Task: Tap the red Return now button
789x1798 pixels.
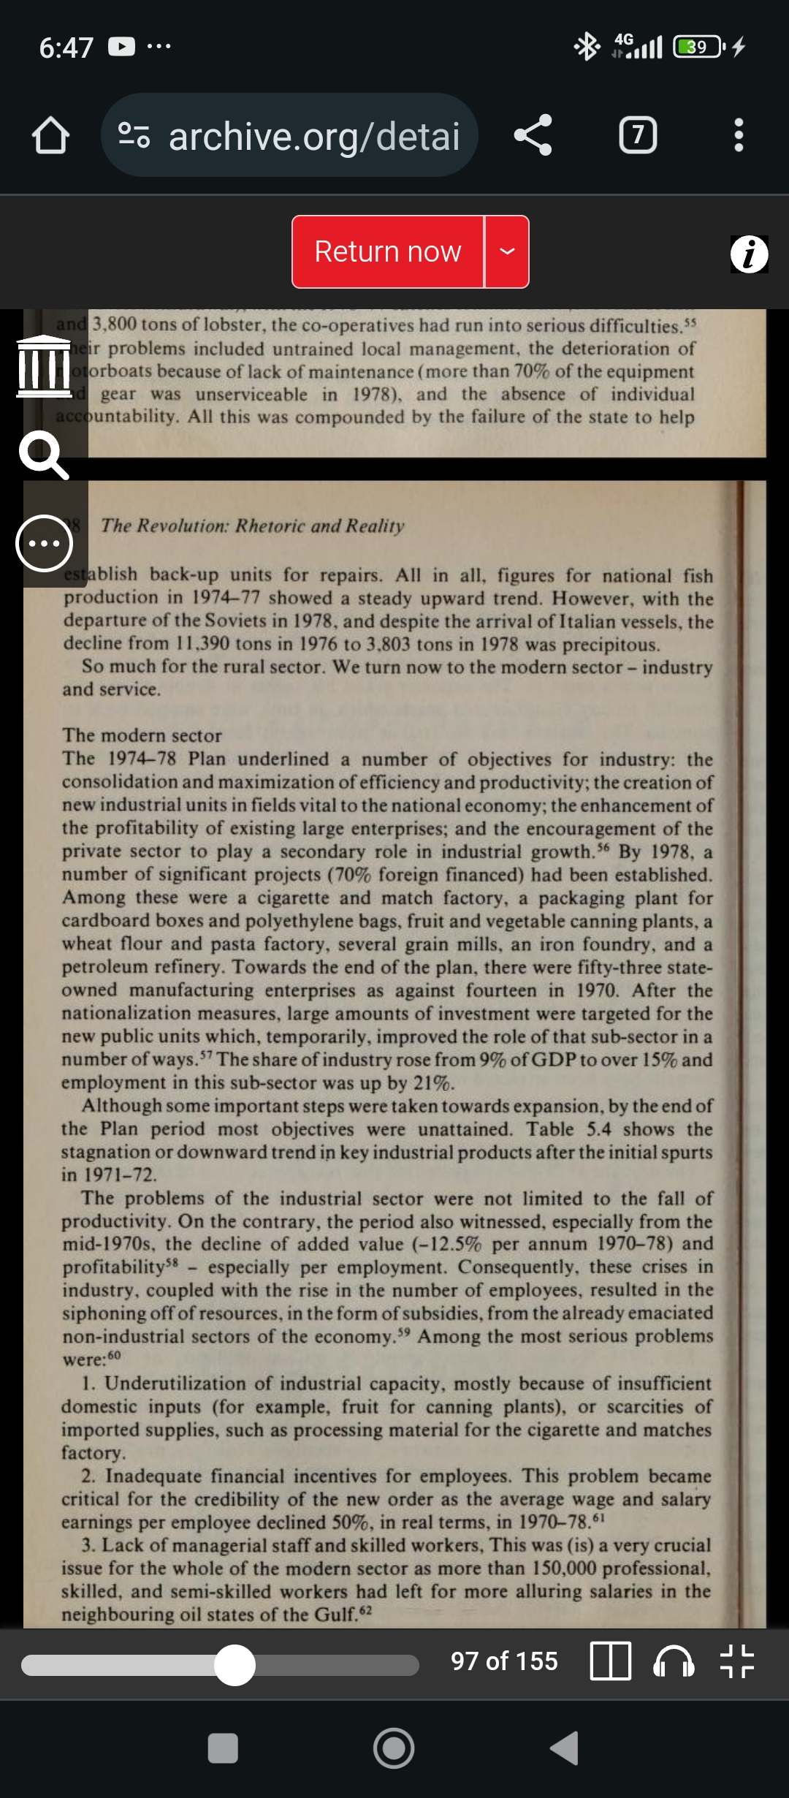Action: [387, 252]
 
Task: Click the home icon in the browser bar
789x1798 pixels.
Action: [50, 136]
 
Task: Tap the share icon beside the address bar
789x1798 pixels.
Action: [533, 135]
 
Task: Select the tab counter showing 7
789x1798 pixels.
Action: [638, 135]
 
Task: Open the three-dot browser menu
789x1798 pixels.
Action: [739, 135]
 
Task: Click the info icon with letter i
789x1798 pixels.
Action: [749, 254]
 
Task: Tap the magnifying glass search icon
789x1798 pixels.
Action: [44, 455]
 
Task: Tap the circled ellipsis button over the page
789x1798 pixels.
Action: [45, 543]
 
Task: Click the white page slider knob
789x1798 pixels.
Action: [235, 1665]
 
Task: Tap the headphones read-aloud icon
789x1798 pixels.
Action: [674, 1662]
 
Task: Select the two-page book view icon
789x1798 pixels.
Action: [610, 1662]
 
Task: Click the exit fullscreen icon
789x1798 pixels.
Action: [736, 1662]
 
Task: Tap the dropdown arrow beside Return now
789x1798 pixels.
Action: [507, 252]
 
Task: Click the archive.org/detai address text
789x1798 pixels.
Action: [314, 137]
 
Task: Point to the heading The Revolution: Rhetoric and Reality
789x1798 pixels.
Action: [252, 526]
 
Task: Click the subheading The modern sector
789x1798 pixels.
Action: [142, 735]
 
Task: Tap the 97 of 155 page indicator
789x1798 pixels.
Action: [504, 1661]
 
